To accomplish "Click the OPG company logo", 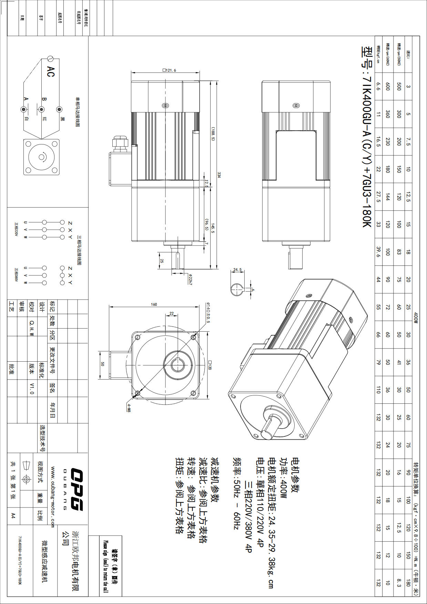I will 77,489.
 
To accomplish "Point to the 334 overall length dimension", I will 219,175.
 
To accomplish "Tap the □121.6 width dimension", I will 169,70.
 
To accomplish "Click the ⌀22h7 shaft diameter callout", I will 190,279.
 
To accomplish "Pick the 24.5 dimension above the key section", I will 237,270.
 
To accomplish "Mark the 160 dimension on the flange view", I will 154,304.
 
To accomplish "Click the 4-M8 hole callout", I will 129,408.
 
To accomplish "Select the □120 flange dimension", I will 210,365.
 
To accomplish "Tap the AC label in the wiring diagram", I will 51,71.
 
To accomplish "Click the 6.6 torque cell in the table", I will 378,86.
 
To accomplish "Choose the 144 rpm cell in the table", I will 388,197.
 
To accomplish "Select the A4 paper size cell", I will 13,515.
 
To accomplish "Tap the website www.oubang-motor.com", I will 53,497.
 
